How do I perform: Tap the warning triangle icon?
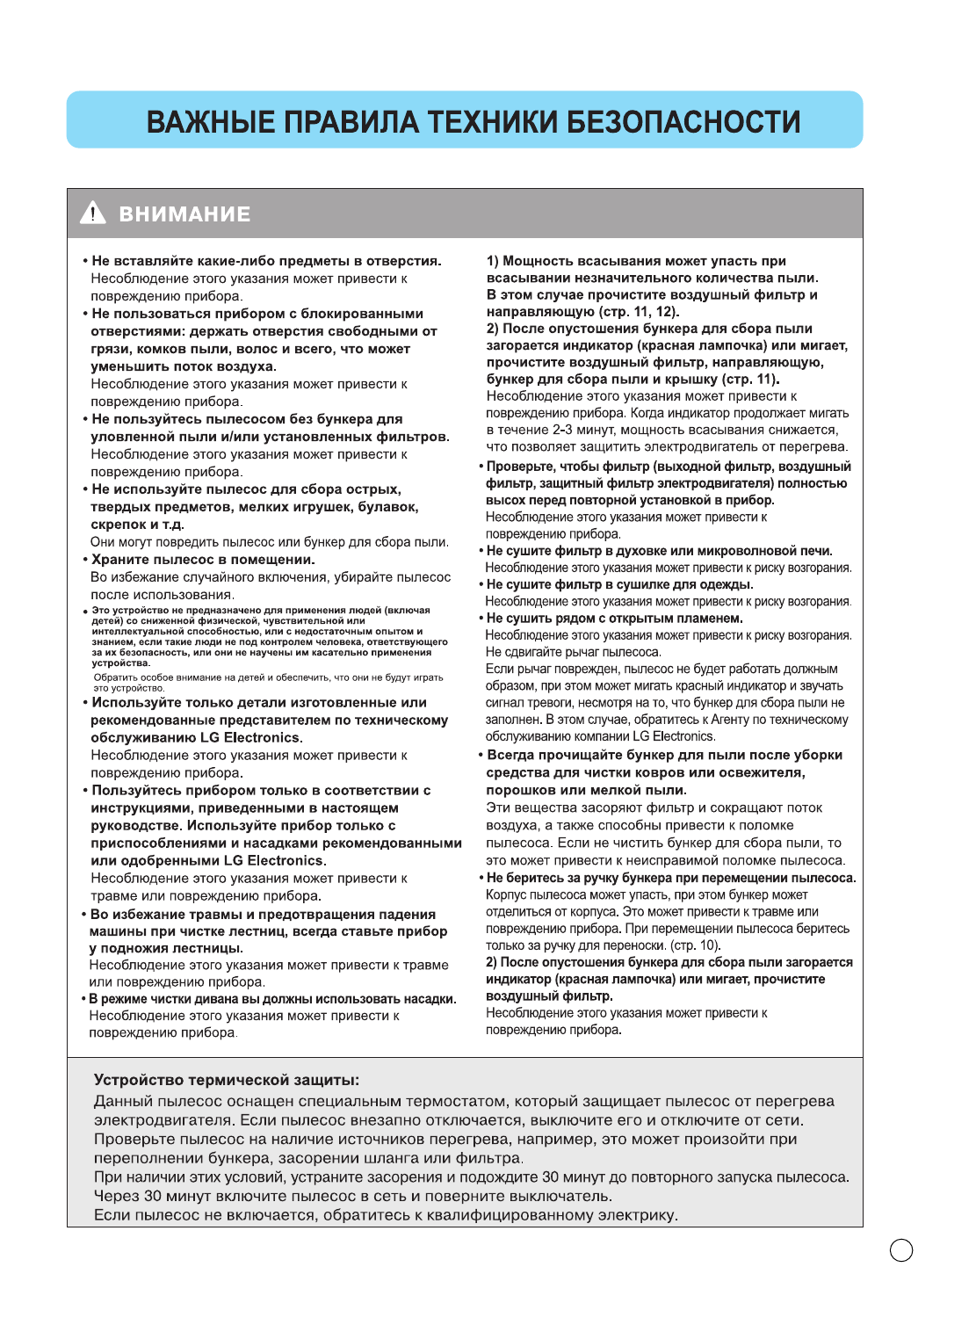pos(92,214)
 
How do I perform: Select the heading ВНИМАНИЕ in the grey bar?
pos(184,214)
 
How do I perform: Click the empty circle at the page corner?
pos(901,1250)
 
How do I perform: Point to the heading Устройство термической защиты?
pos(226,1080)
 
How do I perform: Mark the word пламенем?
pos(712,619)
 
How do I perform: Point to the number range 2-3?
pos(562,430)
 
